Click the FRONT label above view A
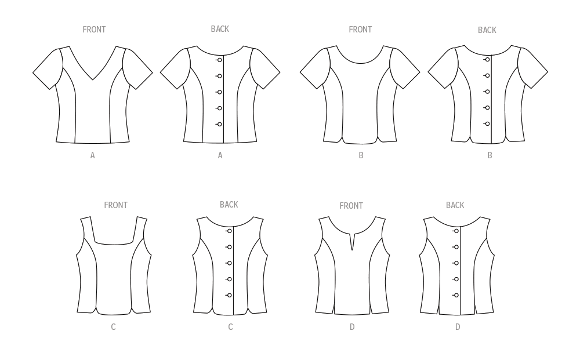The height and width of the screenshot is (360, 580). pyautogui.click(x=94, y=30)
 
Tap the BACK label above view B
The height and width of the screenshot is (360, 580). pyautogui.click(x=487, y=30)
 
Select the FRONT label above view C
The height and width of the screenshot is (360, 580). pyautogui.click(x=116, y=205)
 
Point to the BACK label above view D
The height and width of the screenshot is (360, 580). pyautogui.click(x=455, y=205)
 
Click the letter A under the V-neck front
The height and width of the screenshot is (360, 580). pyautogui.click(x=92, y=155)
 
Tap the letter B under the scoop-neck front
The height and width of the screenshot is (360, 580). pyautogui.click(x=361, y=155)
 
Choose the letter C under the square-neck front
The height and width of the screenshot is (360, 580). pyautogui.click(x=113, y=327)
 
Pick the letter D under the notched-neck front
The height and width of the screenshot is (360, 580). pyautogui.click(x=352, y=327)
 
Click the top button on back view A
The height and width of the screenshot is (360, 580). pyautogui.click(x=219, y=60)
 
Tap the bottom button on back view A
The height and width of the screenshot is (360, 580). pyautogui.click(x=219, y=125)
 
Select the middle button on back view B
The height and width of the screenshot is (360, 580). pyautogui.click(x=487, y=92)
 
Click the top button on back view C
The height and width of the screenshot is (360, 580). pyautogui.click(x=229, y=231)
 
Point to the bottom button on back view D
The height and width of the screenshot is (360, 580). pyautogui.click(x=456, y=295)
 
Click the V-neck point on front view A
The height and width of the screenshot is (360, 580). pyautogui.click(x=92, y=79)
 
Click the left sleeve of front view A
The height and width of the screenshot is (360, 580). pyautogui.click(x=48, y=69)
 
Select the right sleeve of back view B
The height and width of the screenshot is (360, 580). pyautogui.click(x=532, y=68)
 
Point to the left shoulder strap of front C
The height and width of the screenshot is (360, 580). pyautogui.click(x=88, y=230)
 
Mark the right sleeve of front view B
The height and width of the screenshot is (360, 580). pyautogui.click(x=405, y=68)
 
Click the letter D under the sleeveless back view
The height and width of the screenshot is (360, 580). pyautogui.click(x=458, y=327)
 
